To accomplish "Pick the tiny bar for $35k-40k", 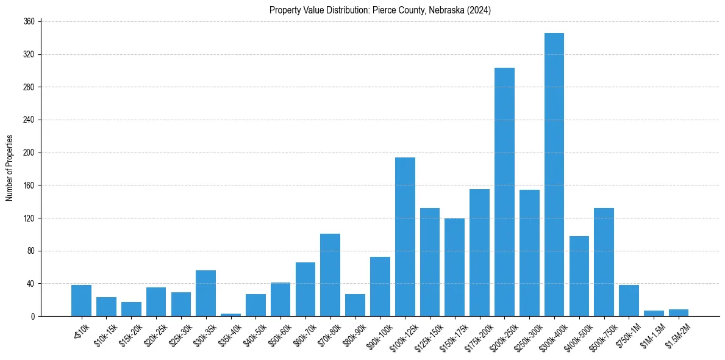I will click(x=230, y=315).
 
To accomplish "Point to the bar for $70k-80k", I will click(x=330, y=275).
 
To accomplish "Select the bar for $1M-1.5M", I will click(x=654, y=314).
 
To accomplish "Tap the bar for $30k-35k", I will click(x=205, y=293).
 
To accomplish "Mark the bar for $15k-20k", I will click(x=131, y=309).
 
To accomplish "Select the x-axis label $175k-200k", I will click(x=474, y=333).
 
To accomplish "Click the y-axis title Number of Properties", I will click(x=9, y=168).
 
